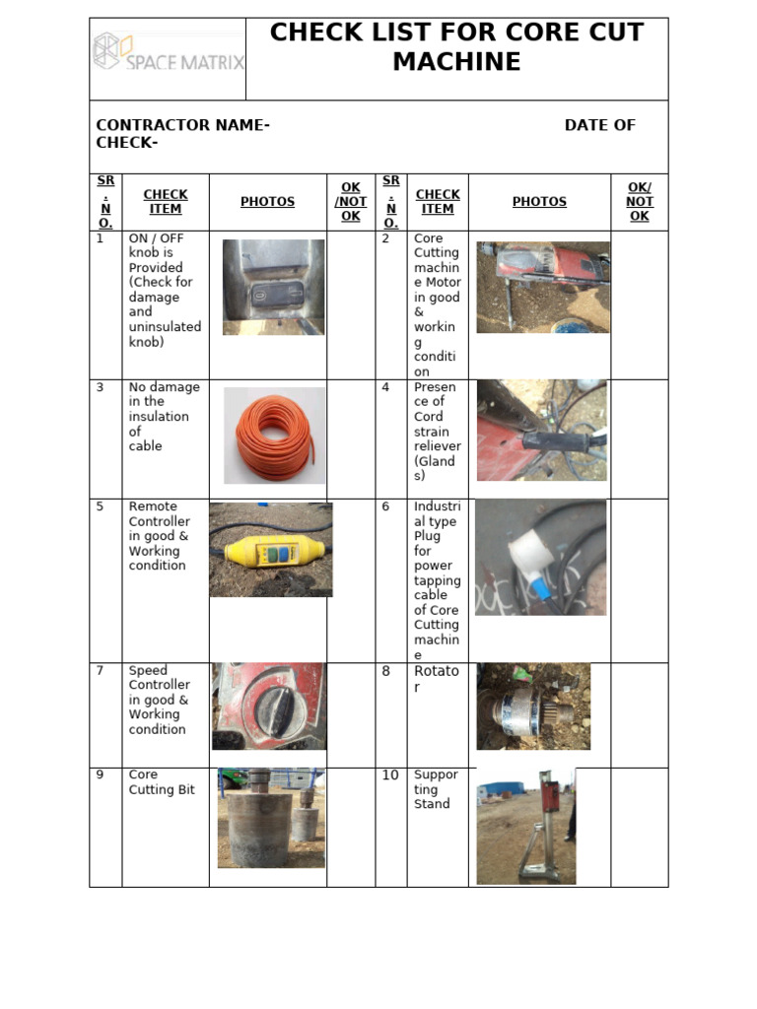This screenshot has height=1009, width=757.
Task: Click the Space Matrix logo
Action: click(x=168, y=52)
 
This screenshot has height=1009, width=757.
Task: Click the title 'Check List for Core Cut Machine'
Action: click(x=456, y=46)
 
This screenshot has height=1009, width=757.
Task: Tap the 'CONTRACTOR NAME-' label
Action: click(x=182, y=125)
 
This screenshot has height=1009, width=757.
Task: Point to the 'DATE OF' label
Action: click(x=599, y=125)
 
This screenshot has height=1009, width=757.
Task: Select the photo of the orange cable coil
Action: click(x=274, y=435)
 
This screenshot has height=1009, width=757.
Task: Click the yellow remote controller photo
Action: click(x=270, y=549)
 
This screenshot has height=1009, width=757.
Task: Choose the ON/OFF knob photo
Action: click(x=273, y=287)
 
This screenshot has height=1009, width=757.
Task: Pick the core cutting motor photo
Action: click(x=542, y=287)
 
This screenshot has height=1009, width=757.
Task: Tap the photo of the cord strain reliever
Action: click(x=541, y=431)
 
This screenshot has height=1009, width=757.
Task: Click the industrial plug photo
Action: click(x=540, y=557)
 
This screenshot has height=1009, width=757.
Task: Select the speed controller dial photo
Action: click(x=268, y=706)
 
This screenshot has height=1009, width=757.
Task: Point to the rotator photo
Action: click(x=533, y=706)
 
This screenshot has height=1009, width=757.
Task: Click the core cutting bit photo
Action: click(x=270, y=818)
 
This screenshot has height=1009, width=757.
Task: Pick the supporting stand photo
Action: click(x=525, y=827)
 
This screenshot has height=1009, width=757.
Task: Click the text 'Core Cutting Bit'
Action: click(x=162, y=782)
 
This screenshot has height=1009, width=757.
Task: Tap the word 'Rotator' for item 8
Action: click(x=436, y=679)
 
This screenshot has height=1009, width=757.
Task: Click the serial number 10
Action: click(x=390, y=775)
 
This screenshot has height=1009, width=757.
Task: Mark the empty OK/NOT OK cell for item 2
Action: click(x=639, y=305)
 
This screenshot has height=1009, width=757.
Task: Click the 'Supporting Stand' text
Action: click(x=435, y=789)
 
